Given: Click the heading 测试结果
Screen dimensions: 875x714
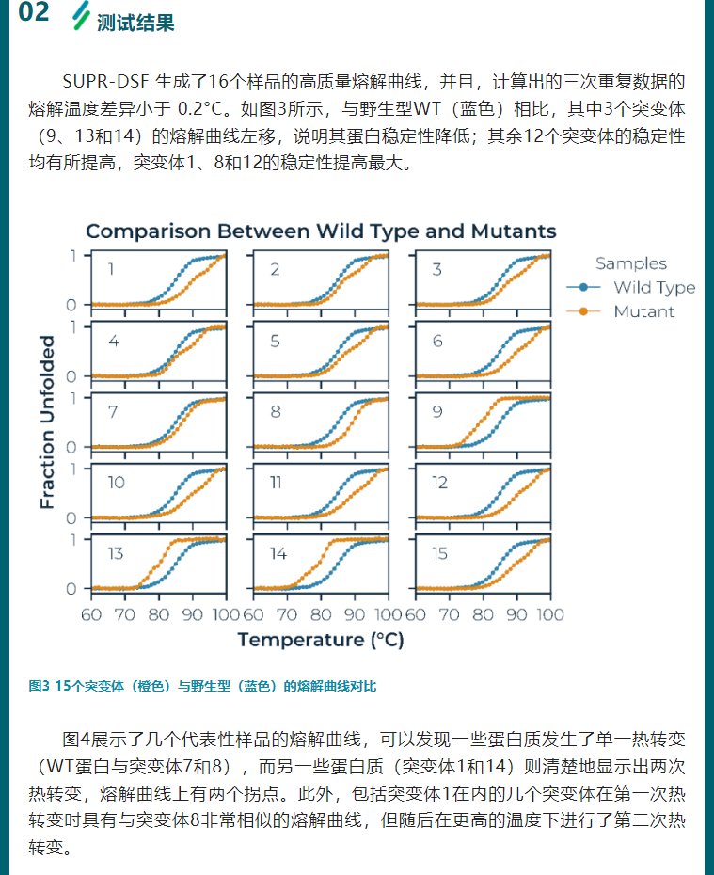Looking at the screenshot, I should [x=135, y=22].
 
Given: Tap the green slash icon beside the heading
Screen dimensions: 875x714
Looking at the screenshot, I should [x=82, y=15].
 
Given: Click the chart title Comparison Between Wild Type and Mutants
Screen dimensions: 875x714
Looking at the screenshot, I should [x=321, y=231].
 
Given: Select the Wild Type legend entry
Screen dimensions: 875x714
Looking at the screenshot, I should [x=653, y=287].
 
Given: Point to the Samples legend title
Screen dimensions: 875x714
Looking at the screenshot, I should [x=631, y=263].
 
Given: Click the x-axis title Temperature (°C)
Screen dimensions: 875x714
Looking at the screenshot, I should [x=322, y=641].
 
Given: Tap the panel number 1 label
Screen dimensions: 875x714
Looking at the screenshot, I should [x=111, y=270].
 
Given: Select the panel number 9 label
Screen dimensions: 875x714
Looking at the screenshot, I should [x=437, y=411].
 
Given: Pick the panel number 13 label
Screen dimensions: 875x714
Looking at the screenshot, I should [x=115, y=553].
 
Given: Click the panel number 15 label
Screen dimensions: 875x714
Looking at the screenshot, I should [x=439, y=553].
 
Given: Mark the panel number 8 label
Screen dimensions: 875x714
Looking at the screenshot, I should [x=275, y=411].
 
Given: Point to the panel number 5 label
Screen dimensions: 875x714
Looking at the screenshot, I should [x=275, y=341].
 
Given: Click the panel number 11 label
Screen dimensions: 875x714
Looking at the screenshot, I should [x=277, y=483].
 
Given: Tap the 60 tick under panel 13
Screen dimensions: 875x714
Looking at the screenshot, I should [x=91, y=614].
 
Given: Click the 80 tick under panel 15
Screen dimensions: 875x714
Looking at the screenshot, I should [x=484, y=614].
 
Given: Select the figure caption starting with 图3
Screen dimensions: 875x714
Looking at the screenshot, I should [x=202, y=686].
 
